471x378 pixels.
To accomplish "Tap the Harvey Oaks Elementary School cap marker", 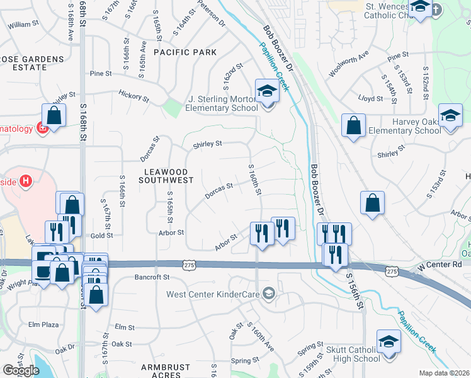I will [x=450, y=116].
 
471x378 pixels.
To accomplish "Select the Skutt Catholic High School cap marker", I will [x=389, y=342].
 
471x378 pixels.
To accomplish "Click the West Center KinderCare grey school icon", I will [x=270, y=294].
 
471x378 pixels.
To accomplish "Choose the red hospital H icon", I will [x=25, y=181].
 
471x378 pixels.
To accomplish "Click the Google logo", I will [x=20, y=370].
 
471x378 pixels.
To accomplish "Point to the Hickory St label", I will [x=133, y=96].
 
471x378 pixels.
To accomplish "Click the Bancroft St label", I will [x=152, y=277].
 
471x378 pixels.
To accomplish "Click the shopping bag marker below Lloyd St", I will [x=354, y=125].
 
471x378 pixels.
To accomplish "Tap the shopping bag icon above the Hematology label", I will [x=54, y=115].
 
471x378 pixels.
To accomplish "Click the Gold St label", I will [x=101, y=236].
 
